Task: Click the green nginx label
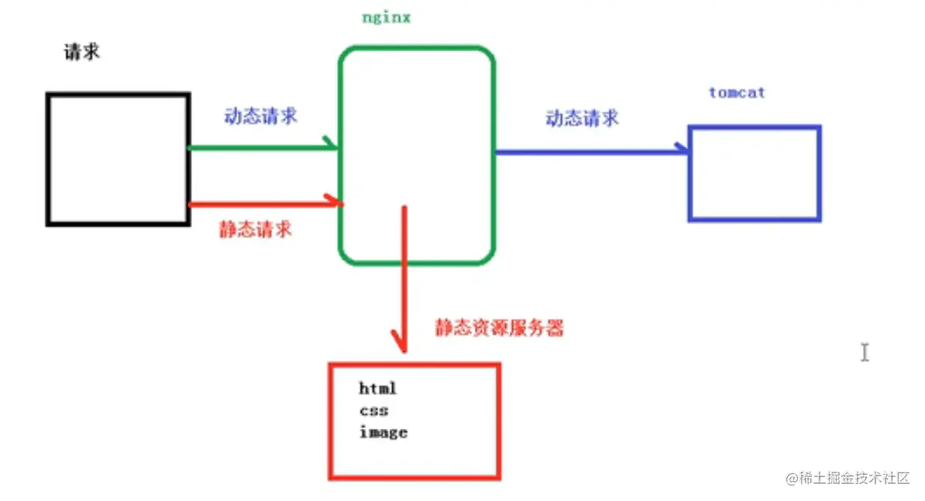click(386, 18)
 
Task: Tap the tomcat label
click(737, 93)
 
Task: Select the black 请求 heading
click(81, 54)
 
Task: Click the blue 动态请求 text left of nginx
click(260, 117)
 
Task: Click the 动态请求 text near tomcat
click(582, 119)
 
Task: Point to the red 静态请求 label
click(255, 230)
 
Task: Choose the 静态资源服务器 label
click(500, 328)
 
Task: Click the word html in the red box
click(378, 389)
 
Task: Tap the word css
click(373, 410)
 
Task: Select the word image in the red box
click(383, 433)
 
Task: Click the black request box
click(118, 159)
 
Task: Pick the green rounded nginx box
click(416, 101)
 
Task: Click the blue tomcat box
click(754, 174)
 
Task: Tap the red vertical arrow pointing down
click(402, 279)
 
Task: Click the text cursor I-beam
click(865, 352)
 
